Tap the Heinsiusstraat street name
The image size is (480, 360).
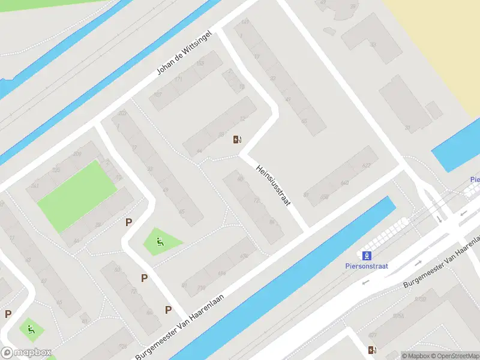pyautogui.click(x=273, y=186)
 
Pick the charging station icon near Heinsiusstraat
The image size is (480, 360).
pyautogui.click(x=238, y=140)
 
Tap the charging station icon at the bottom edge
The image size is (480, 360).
pyautogui.click(x=372, y=350)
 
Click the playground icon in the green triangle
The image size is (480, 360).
pyautogui.click(x=160, y=242)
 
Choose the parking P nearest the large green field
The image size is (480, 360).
pyautogui.click(x=128, y=222)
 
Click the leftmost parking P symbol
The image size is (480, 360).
pyautogui.click(x=8, y=313)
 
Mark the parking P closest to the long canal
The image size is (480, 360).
pyautogui.click(x=169, y=310)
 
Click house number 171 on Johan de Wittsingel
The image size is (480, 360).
pyautogui.click(x=178, y=79)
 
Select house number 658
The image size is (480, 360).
pyautogui.click(x=325, y=196)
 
